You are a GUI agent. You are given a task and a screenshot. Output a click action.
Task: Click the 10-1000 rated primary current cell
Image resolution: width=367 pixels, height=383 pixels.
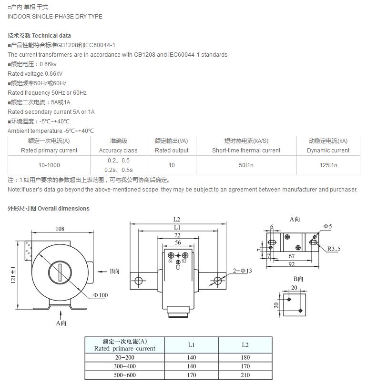pos(49,165)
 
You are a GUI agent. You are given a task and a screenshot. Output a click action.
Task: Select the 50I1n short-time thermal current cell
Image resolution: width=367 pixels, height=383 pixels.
pos(246,165)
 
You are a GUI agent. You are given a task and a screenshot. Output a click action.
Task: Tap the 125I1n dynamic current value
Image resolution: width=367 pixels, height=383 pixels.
pos(328,165)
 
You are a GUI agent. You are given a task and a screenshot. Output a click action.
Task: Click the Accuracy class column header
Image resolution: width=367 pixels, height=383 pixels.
pos(118,150)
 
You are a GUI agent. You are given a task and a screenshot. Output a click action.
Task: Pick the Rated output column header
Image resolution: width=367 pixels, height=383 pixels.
pos(172,150)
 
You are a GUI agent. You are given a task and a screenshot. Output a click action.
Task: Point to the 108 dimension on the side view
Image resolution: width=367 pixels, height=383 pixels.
pos(60,229)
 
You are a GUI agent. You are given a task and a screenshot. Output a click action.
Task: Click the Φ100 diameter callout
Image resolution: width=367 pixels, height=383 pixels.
pos(101,295)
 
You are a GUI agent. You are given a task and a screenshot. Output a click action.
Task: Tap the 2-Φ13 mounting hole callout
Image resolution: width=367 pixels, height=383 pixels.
pos(243,271)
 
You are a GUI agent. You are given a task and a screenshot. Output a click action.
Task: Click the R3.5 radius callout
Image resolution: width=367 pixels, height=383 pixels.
pos(334,248)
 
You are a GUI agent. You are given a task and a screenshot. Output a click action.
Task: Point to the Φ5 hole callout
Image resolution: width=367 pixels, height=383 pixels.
pos(327,226)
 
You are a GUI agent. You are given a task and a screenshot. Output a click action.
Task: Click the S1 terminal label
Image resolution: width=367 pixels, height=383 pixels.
pos(171,261)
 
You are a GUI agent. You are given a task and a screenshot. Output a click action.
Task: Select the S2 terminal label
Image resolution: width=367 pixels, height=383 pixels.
pos(184,261)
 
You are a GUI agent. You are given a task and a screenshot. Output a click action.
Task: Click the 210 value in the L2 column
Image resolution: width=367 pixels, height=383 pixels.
pos(245,375)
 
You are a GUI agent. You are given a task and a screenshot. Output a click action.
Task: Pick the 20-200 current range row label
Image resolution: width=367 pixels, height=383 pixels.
pos(124,357)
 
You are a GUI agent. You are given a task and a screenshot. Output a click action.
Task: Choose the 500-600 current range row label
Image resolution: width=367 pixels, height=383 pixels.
pos(124,375)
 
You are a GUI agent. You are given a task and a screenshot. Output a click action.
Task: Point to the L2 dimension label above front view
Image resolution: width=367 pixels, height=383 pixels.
pos(177,219)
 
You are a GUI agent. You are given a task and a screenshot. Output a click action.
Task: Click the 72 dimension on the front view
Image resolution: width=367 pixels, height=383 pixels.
pos(177,235)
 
